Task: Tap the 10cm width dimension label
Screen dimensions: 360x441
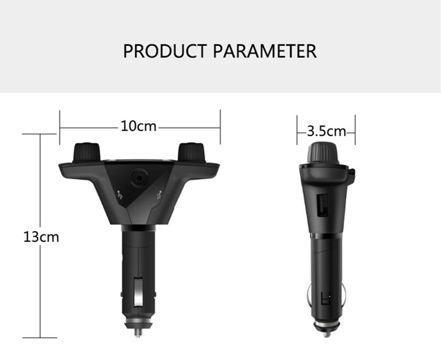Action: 139,126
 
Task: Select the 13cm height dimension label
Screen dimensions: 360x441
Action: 41,237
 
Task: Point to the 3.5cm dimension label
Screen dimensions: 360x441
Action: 326,131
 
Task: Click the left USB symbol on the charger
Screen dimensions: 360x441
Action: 121,195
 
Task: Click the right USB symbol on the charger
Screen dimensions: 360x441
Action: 158,195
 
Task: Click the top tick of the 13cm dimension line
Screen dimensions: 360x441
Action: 40,133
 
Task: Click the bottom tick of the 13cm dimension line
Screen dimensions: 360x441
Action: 40,337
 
